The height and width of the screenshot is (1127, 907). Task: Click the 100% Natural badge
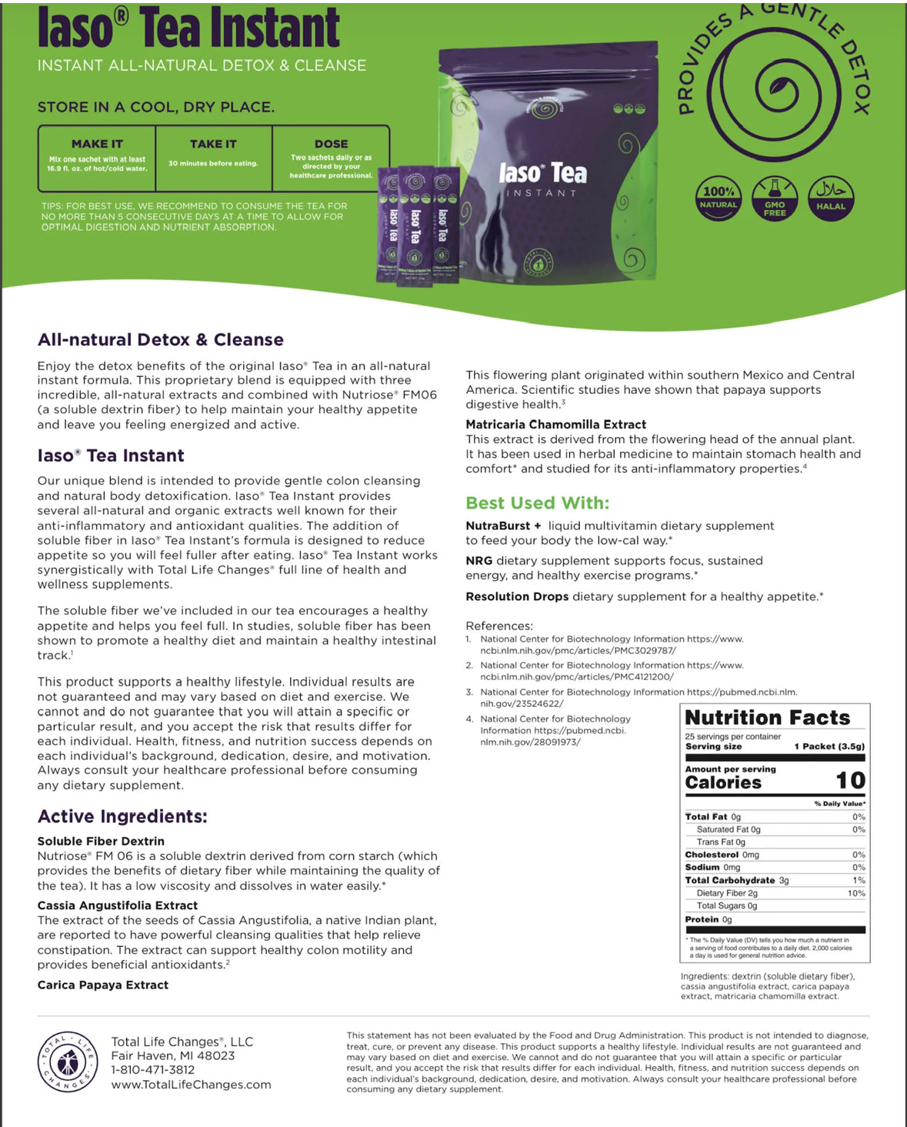click(x=718, y=198)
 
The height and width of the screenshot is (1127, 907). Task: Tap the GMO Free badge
click(x=774, y=198)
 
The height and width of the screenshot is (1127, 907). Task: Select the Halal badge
click(x=830, y=198)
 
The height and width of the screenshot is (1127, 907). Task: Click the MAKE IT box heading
click(x=97, y=144)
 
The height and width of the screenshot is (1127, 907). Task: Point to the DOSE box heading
click(x=331, y=144)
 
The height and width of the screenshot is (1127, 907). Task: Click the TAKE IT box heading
click(x=213, y=144)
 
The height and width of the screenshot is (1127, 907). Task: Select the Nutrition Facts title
click(x=767, y=718)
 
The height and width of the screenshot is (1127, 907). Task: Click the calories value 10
click(x=850, y=781)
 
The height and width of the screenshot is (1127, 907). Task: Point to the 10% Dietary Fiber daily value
click(x=856, y=893)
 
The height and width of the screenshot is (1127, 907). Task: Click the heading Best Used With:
click(x=537, y=503)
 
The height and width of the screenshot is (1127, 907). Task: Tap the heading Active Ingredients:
click(x=122, y=816)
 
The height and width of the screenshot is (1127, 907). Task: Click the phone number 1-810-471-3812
click(x=152, y=1069)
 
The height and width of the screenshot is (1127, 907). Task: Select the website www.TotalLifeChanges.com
click(x=191, y=1084)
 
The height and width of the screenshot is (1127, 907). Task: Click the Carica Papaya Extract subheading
click(x=103, y=985)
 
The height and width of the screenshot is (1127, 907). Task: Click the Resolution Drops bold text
click(x=517, y=596)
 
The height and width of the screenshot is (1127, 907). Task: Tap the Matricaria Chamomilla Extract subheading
click(x=555, y=424)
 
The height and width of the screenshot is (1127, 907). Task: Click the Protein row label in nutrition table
click(x=701, y=919)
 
